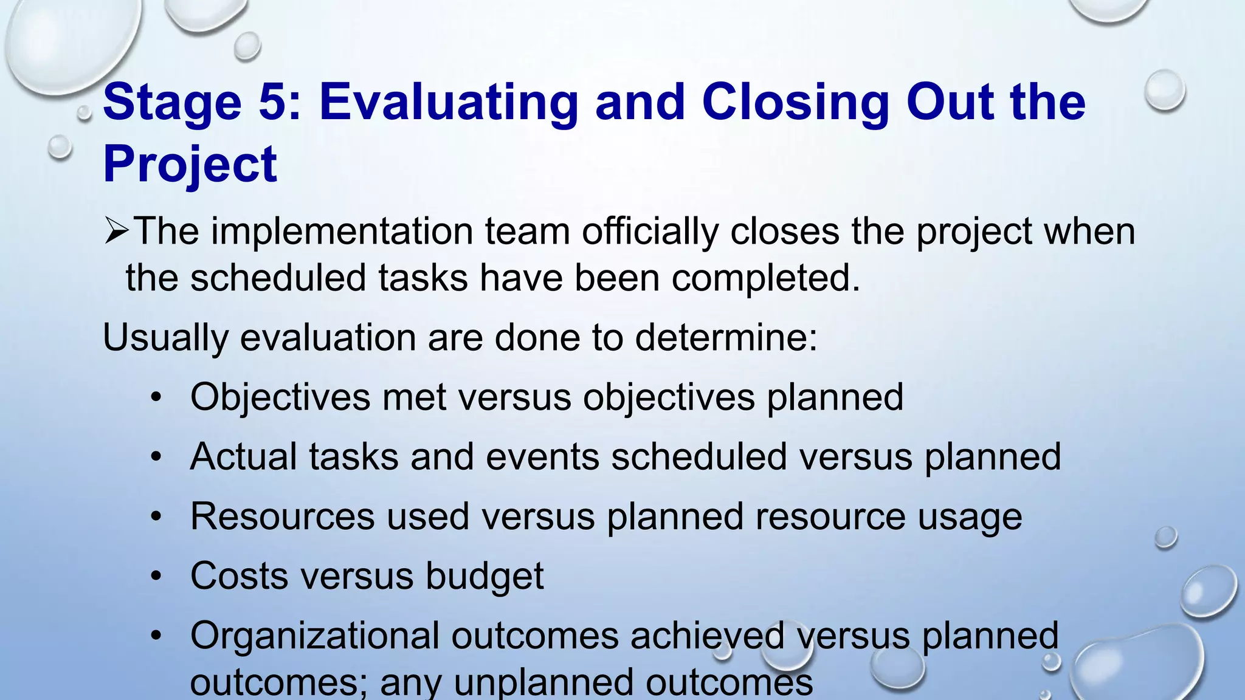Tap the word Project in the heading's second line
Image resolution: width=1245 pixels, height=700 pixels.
(190, 165)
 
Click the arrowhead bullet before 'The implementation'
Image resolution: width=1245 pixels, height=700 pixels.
(116, 232)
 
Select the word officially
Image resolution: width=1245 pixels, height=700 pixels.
(650, 232)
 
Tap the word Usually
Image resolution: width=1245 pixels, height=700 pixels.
(165, 337)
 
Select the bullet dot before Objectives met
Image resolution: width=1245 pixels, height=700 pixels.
(157, 398)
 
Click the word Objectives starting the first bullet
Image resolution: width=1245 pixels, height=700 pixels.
(280, 397)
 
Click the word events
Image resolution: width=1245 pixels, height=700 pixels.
(542, 456)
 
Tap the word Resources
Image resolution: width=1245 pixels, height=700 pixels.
(282, 516)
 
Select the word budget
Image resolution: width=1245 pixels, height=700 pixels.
(484, 576)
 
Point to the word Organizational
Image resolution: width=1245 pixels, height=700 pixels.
(314, 636)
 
